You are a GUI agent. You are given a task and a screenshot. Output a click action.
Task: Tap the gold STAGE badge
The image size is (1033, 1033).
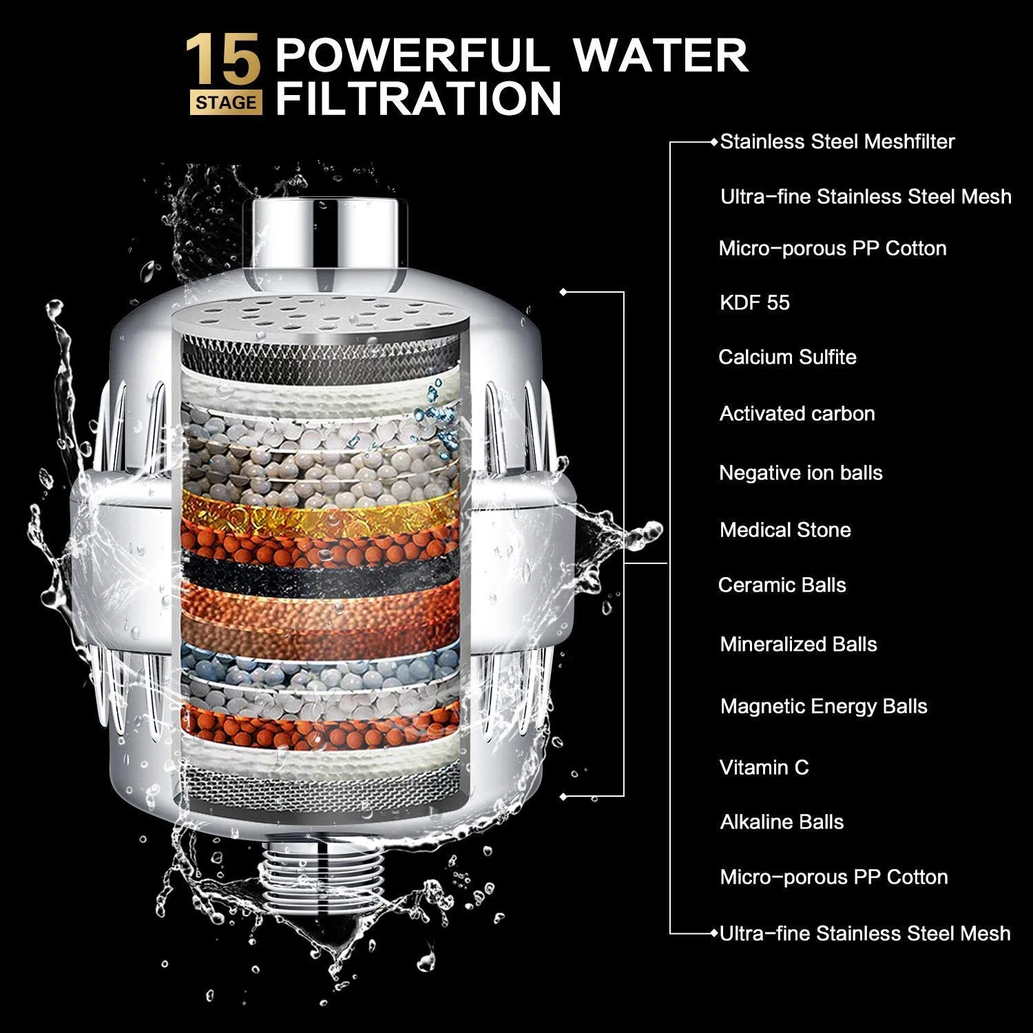coord(226,103)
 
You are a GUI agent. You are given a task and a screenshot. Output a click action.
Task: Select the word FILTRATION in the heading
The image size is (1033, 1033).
coord(419,98)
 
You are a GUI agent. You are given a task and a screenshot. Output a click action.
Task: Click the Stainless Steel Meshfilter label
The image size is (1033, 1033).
coord(837,142)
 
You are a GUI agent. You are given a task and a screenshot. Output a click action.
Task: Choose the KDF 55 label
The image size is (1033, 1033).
coord(754,303)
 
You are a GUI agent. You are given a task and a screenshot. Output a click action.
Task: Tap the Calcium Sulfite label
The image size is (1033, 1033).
coord(787,357)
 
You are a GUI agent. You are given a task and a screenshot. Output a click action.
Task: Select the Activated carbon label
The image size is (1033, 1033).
coord(797,414)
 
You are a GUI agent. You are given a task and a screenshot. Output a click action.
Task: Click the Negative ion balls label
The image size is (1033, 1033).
coord(800,473)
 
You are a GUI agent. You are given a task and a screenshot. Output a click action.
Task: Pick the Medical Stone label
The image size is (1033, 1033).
coord(785,530)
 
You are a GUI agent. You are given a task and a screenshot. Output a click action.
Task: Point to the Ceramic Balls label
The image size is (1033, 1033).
coord(782,585)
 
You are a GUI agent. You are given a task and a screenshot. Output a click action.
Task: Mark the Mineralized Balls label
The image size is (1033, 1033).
coord(798,645)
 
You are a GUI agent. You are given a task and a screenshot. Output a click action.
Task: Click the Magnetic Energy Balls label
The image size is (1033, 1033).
coord(824,707)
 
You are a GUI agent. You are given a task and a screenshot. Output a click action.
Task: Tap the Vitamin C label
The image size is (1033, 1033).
coord(764,768)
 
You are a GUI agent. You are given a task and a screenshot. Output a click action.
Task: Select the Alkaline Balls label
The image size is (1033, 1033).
coord(782,822)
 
